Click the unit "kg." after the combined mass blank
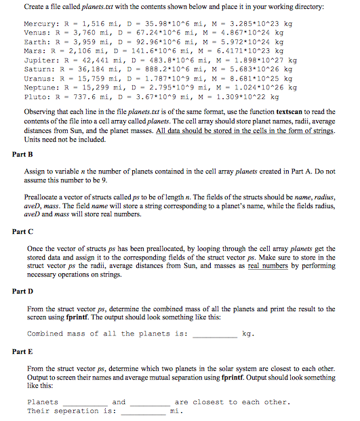point(248,334)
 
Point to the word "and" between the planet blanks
point(119,402)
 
